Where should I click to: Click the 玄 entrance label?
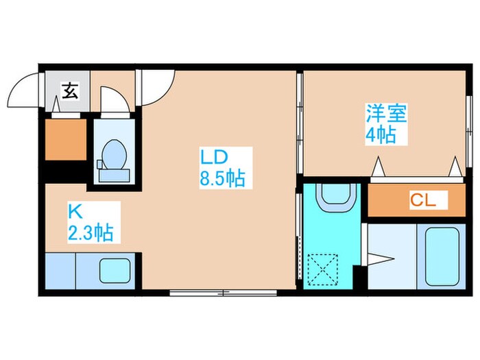[69, 90]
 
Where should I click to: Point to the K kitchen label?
[74, 210]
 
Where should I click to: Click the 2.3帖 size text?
[91, 233]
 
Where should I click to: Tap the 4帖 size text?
[381, 135]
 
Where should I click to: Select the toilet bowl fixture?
[112, 157]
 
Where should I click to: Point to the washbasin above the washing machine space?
[336, 197]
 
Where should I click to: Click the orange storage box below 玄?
[66, 140]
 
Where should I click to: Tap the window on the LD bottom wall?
[223, 293]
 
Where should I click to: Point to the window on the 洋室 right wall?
[468, 119]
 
